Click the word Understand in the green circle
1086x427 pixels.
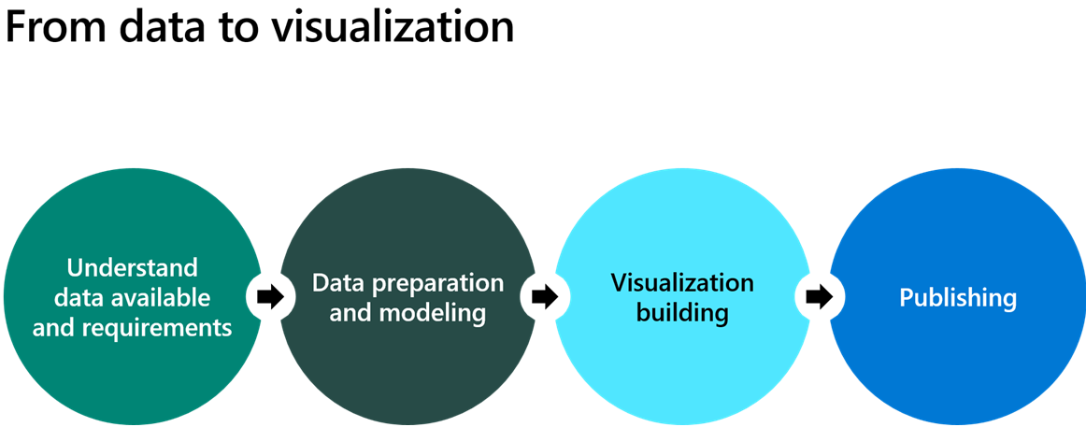133,268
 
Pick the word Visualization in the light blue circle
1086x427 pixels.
682,282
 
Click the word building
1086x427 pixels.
682,313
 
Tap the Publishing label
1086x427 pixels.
958,298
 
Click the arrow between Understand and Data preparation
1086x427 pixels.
270,297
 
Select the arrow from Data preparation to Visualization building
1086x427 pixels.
544,297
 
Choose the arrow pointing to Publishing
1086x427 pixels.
819,297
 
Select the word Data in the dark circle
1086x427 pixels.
335,283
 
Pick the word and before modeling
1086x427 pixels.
350,313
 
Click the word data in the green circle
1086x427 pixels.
79,298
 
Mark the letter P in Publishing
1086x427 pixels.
907,298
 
